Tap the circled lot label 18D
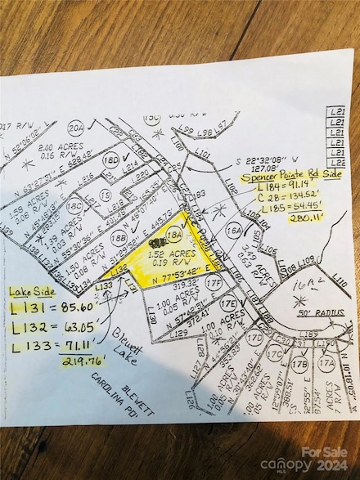tap(115, 160)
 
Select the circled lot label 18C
tap(74, 206)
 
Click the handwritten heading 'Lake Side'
tap(32, 292)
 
